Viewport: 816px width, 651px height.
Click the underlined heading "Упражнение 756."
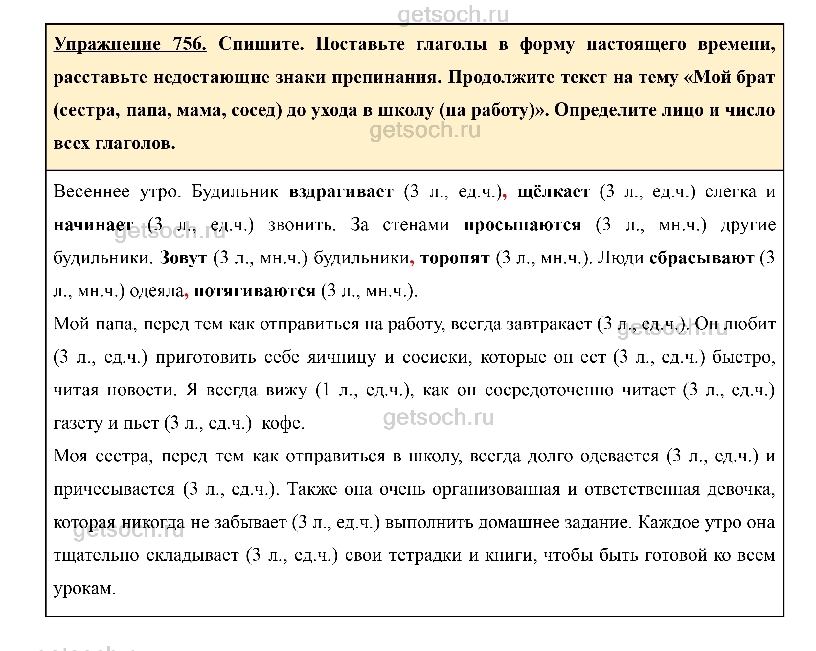130,44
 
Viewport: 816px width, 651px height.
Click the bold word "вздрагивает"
341,191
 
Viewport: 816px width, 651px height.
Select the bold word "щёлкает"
553,191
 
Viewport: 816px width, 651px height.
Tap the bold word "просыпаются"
522,225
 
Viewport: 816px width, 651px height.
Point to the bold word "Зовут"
183,258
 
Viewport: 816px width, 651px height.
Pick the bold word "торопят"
455,258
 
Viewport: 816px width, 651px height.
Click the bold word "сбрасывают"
702,258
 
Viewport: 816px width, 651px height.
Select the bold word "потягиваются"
254,291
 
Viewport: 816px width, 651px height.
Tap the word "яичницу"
342,357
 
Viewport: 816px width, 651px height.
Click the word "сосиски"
437,357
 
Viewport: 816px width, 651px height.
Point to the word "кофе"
283,423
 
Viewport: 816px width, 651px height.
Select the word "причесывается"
114,490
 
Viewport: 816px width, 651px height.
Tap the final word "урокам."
84,589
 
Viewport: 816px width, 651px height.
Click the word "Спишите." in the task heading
261,44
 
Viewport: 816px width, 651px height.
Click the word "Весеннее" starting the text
91,191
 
